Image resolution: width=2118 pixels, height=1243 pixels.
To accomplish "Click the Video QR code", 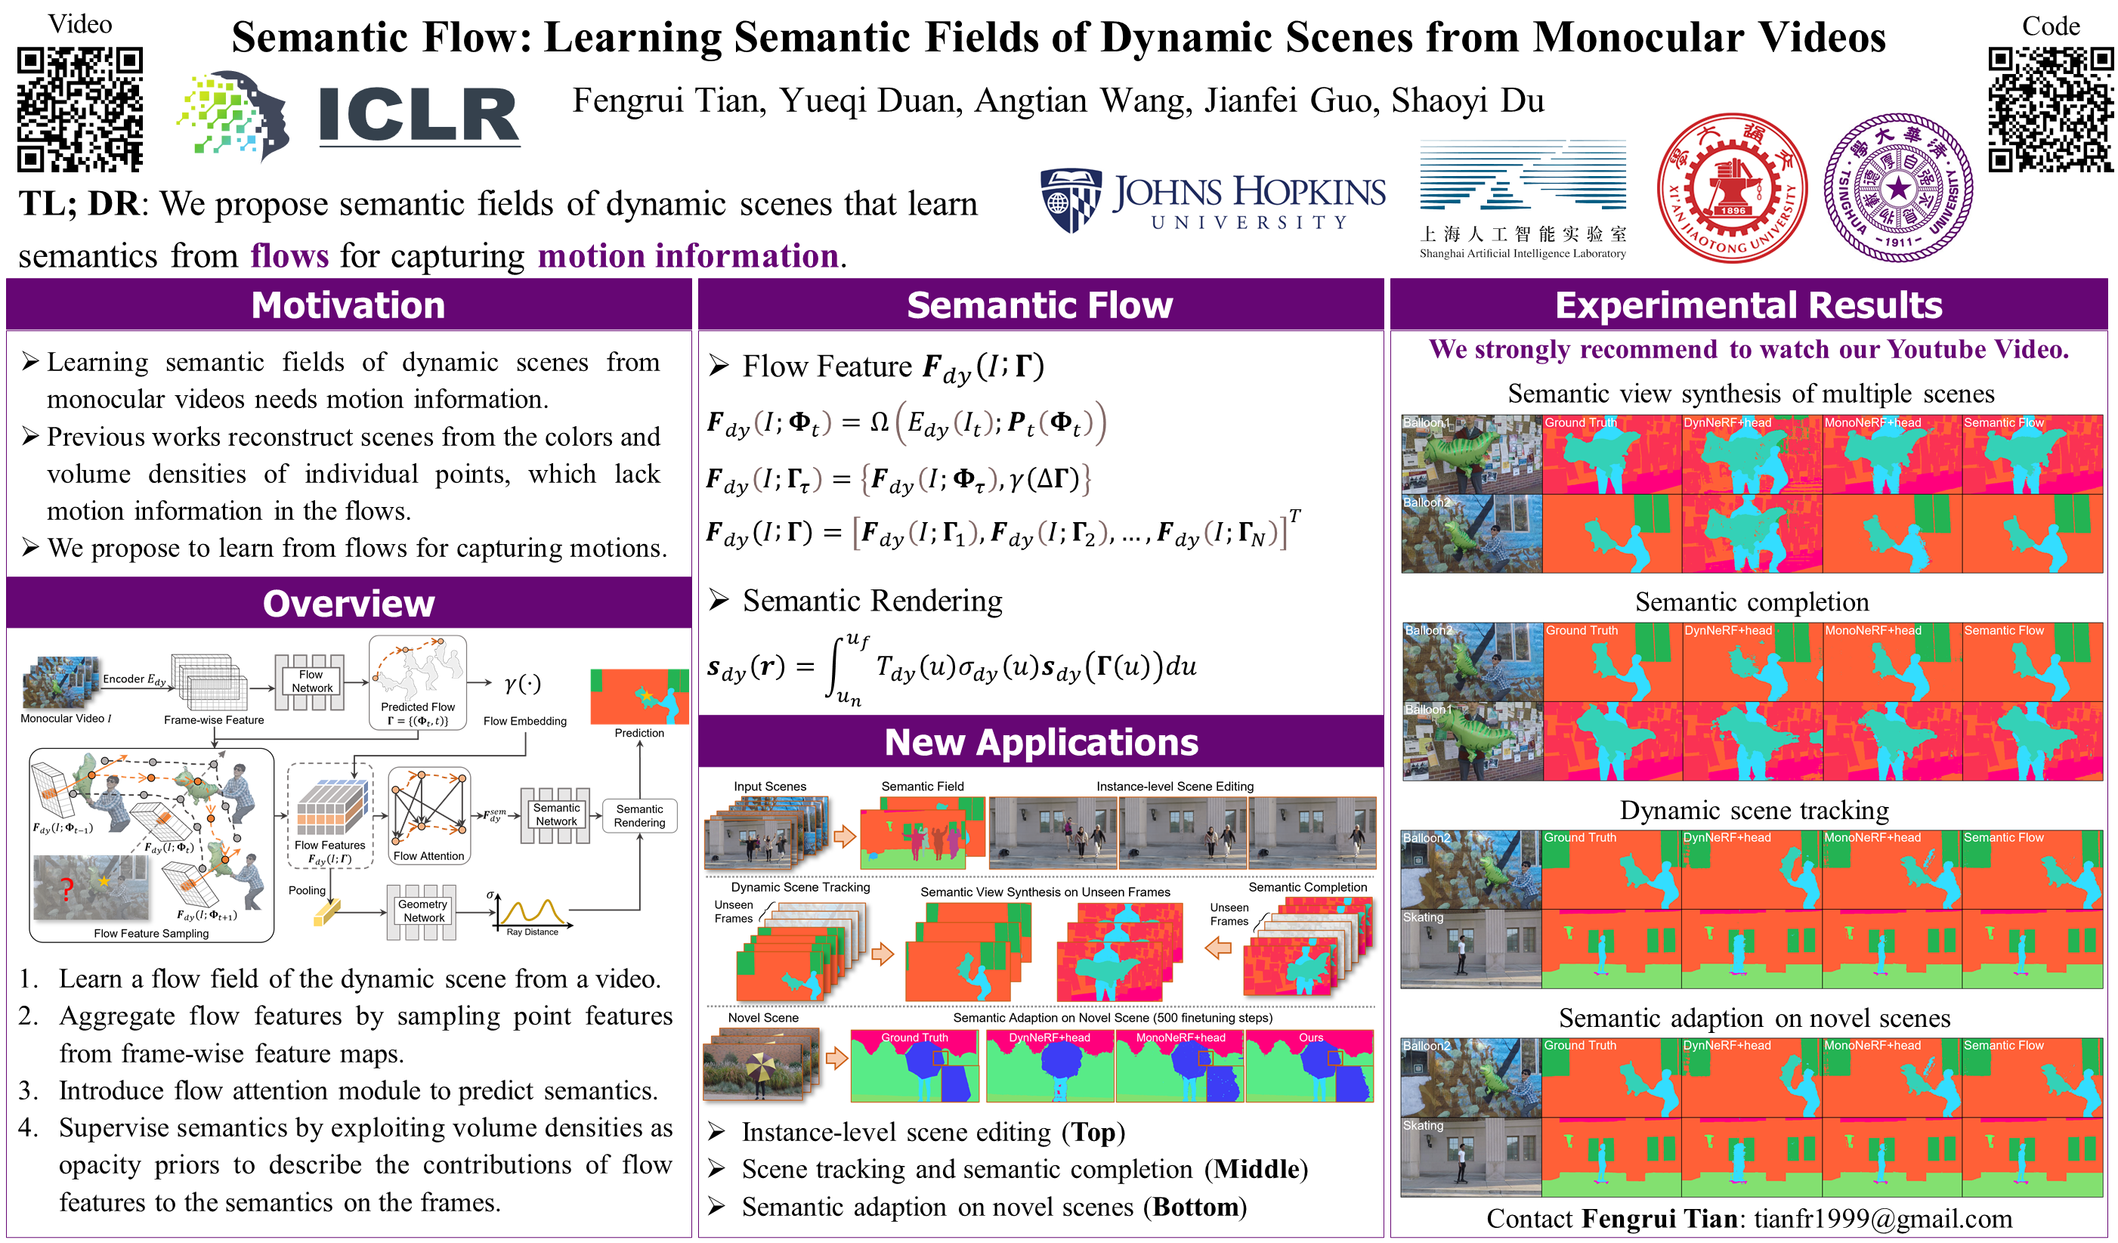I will click(x=80, y=110).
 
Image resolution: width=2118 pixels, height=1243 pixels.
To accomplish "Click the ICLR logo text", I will click(x=419, y=115).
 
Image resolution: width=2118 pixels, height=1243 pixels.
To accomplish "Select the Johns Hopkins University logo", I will click(x=1212, y=201).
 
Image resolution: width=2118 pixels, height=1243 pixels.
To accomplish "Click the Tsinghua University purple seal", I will click(x=1898, y=188).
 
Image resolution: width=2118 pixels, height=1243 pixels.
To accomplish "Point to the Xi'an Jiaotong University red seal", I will click(x=1731, y=188).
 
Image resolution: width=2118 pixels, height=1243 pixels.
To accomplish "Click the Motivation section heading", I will click(x=348, y=305).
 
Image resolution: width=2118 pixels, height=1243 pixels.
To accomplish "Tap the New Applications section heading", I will click(x=1040, y=742).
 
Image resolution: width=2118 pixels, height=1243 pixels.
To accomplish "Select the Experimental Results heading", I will click(x=1749, y=305).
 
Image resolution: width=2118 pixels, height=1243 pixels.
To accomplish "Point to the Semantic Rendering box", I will click(x=638, y=816).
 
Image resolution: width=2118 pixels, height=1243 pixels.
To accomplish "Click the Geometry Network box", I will click(x=422, y=911).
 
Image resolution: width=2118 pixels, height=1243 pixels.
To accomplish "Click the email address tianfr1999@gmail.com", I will click(x=1883, y=1219).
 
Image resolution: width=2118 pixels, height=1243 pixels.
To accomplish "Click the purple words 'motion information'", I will click(x=688, y=255).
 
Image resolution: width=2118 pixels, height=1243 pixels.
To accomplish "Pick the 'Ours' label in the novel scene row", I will click(x=1310, y=1038).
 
